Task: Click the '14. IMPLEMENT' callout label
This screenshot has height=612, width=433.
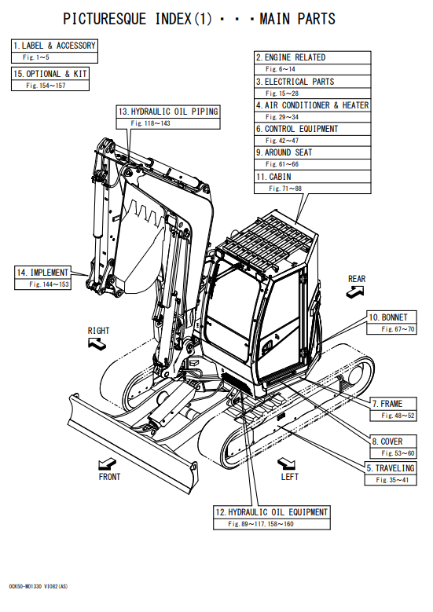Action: point(42,273)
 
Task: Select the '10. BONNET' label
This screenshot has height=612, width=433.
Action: point(388,317)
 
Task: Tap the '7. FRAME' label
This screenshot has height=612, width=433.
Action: point(387,404)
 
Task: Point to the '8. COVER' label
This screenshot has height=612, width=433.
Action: point(387,442)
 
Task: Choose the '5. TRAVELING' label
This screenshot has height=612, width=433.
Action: point(391,468)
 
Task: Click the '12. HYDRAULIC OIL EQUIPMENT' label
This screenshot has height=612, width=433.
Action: point(272,512)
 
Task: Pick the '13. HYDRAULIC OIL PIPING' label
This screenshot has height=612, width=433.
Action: point(168,112)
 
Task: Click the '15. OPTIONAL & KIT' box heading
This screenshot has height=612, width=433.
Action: point(50,74)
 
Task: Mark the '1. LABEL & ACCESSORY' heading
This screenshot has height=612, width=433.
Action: point(54,46)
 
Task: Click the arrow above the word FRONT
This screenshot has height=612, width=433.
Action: point(107,464)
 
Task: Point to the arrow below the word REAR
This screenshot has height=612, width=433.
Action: point(355,291)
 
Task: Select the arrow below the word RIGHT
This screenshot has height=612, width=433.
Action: point(97,343)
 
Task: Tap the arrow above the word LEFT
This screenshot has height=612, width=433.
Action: point(286,464)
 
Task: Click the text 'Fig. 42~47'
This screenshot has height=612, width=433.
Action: point(282,141)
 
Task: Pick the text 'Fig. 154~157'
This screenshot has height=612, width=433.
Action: point(46,86)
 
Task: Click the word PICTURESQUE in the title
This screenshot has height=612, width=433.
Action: point(105,19)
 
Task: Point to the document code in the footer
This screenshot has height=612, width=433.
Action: point(39,586)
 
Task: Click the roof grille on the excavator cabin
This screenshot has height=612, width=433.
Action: point(266,241)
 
